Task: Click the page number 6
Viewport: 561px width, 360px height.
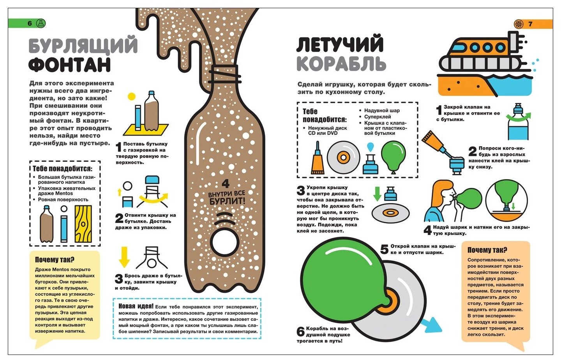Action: (30, 23)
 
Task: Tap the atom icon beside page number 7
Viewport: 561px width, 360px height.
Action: (519, 24)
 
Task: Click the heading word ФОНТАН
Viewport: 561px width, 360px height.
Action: (69, 65)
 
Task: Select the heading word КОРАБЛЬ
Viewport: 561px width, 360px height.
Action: (341, 64)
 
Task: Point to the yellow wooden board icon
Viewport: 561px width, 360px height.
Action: (83, 224)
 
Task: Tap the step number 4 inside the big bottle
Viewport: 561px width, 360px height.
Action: (226, 184)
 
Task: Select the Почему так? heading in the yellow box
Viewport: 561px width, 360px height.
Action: (54, 259)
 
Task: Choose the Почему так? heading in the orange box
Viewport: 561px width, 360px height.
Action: (487, 250)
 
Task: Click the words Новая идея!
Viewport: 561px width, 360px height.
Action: (136, 307)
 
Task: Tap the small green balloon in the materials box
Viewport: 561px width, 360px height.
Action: (393, 156)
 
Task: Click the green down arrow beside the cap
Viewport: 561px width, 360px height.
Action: (377, 194)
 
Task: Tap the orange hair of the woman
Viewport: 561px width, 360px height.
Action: (438, 191)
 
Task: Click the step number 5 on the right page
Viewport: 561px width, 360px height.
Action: (384, 249)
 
